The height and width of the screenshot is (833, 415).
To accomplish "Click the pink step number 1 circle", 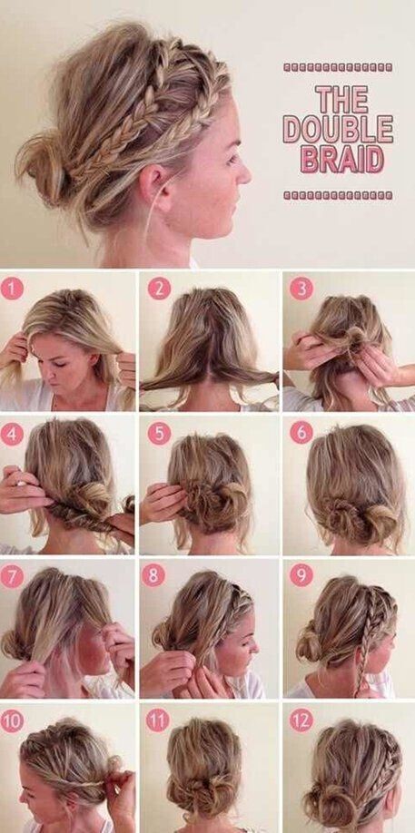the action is (12, 289).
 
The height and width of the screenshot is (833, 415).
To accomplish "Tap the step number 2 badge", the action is (159, 289).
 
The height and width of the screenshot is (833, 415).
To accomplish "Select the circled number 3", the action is (301, 289).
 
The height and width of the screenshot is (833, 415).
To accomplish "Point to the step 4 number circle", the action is (12, 434).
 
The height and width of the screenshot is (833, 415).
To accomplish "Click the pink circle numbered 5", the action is (159, 434).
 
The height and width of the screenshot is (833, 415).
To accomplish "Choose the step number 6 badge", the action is (301, 434).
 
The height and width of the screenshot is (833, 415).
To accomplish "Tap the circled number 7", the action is (12, 576).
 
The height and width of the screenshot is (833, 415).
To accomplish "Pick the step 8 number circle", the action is (154, 576).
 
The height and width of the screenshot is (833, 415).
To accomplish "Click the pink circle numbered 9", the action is (301, 576).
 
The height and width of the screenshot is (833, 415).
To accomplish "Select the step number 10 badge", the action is (12, 720).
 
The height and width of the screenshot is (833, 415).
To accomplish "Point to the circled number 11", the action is (158, 720).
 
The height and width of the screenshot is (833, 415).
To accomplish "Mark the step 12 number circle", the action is (301, 720).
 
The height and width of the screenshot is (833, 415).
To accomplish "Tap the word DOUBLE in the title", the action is (338, 129).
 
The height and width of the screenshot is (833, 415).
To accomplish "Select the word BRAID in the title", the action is (342, 158).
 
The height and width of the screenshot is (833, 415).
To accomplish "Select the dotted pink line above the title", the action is (338, 67).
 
